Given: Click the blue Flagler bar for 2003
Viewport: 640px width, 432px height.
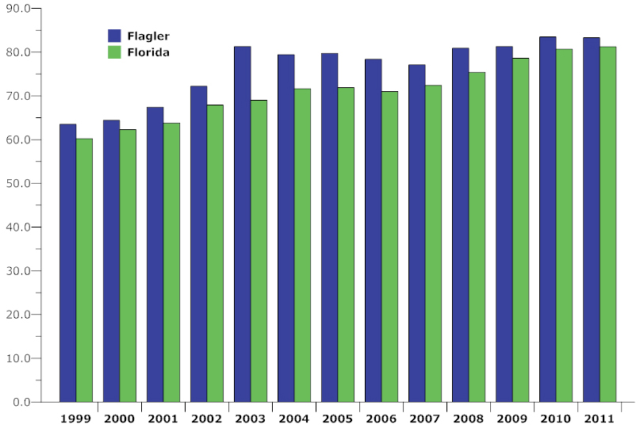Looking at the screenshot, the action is [x=243, y=224].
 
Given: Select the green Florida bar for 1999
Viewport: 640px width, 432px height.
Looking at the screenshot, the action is [x=85, y=270].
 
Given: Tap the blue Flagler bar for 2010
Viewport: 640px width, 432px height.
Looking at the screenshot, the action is [x=548, y=220].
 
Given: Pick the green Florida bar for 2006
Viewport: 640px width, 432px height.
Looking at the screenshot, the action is [x=390, y=247].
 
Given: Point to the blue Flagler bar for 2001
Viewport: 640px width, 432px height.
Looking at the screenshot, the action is [x=155, y=254].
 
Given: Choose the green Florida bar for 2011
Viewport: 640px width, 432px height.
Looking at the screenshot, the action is [x=607, y=224].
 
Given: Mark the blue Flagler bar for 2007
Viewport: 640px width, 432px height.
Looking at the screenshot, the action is [x=416, y=233].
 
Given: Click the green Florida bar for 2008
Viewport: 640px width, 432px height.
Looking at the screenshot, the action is [x=477, y=237].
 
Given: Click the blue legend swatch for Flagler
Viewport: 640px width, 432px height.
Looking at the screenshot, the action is [x=114, y=36].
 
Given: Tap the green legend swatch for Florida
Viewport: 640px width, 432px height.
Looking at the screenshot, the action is [x=114, y=52].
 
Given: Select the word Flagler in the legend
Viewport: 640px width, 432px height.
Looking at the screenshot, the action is [x=148, y=36].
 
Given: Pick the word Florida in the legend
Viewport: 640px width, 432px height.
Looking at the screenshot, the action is [x=148, y=52].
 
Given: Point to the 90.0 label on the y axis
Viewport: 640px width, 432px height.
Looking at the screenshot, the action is [x=18, y=9].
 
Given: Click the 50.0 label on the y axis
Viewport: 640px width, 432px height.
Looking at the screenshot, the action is [x=18, y=184].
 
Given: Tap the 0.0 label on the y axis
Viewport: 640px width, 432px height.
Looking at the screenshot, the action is [x=21, y=402].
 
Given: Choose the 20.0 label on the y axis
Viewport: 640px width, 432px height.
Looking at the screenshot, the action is [x=18, y=315].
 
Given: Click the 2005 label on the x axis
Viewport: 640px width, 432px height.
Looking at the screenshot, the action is [x=338, y=419].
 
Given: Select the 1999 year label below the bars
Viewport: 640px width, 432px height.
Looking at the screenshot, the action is [x=76, y=419].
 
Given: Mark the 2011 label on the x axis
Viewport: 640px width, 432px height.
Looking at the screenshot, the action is [x=600, y=419].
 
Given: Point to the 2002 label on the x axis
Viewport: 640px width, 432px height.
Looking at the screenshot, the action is [x=206, y=419].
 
